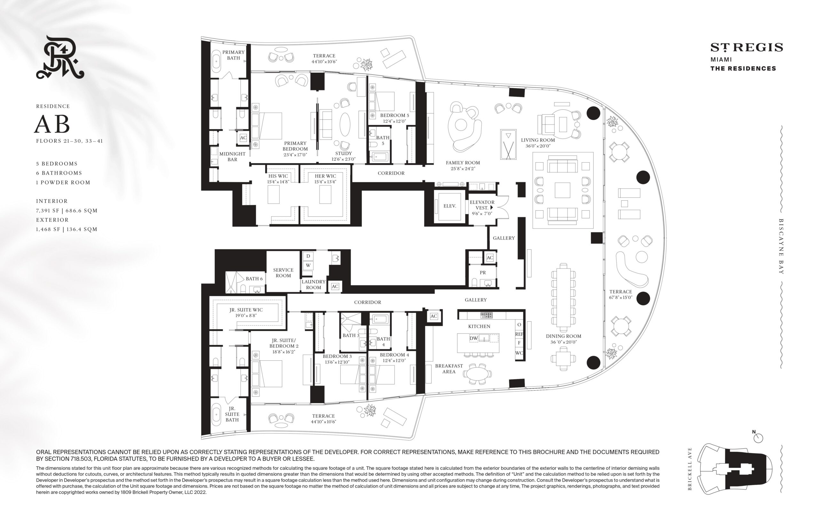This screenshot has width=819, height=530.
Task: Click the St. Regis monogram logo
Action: (60, 57)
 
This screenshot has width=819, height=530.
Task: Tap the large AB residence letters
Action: (52, 124)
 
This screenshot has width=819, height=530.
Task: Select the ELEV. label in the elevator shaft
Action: (449, 206)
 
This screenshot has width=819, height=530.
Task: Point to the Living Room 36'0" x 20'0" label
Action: (538, 143)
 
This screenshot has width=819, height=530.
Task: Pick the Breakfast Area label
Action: (449, 369)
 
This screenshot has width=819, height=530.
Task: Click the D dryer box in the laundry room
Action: (308, 256)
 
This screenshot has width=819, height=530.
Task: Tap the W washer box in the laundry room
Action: (308, 265)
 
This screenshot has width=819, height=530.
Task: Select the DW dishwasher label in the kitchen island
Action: (474, 338)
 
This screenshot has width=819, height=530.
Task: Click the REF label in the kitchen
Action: (519, 334)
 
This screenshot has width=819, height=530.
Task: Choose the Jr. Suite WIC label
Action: (246, 312)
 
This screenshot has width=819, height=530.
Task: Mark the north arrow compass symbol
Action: (758, 438)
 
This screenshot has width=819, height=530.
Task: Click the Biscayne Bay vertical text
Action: (781, 246)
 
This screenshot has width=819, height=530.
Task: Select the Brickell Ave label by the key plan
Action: (689, 469)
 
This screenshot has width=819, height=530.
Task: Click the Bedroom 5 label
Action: (394, 118)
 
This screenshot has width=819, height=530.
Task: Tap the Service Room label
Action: (283, 273)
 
